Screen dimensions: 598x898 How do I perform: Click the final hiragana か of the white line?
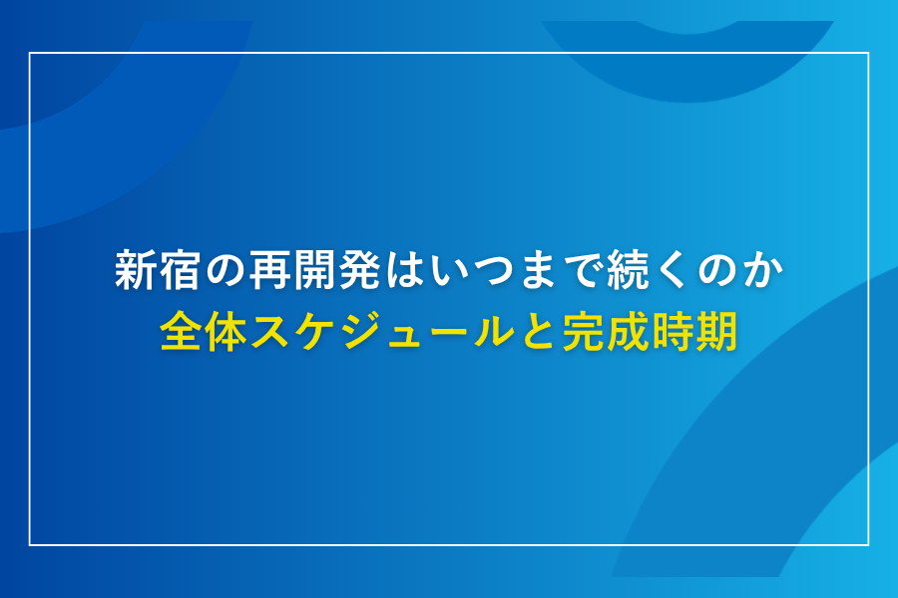point(762,272)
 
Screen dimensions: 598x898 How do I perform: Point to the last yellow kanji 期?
point(717,332)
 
